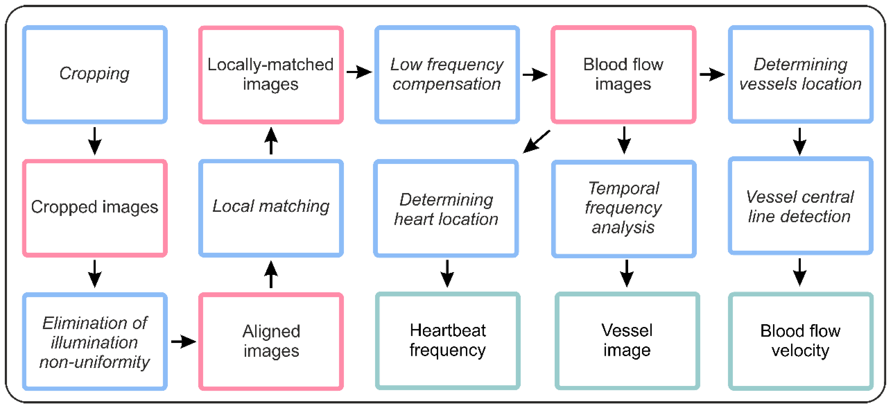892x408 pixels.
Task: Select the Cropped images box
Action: [x=94, y=208]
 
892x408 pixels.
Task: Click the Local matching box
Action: [x=271, y=208]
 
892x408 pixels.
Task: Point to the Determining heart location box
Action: [x=446, y=209]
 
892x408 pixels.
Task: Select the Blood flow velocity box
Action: [x=800, y=341]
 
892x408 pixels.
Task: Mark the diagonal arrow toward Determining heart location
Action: [x=536, y=142]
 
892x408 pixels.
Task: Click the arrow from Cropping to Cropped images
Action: [x=94, y=141]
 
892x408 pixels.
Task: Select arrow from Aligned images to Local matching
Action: [x=271, y=274]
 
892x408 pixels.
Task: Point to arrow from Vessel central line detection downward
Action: [x=800, y=272]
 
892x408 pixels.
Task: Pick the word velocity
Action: [x=800, y=351]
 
